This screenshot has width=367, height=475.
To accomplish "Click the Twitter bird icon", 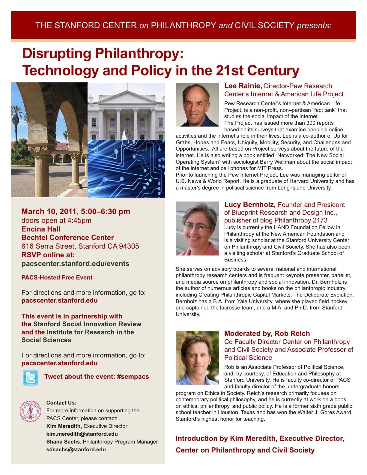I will click(30, 377).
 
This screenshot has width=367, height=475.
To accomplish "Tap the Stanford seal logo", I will click(30, 411).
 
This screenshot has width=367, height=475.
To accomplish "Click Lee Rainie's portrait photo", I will click(197, 105).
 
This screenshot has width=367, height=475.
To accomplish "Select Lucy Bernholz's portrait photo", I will click(197, 229).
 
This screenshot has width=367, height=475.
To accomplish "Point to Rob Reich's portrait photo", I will click(197, 357).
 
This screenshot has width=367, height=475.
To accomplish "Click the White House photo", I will click(126, 111).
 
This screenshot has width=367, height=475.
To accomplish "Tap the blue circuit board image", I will click(126, 168).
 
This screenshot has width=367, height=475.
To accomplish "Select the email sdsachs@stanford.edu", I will click(76, 450).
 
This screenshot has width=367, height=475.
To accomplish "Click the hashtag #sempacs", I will click(133, 377).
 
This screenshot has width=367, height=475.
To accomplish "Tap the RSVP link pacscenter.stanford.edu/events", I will click(75, 264).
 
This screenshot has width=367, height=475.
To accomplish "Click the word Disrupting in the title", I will click(57, 54).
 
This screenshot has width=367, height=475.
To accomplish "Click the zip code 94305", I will click(129, 246).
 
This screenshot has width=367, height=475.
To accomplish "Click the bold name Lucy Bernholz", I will click(249, 205).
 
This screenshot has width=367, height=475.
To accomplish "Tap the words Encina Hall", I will click(41, 229).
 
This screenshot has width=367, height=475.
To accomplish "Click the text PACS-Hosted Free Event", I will click(57, 278).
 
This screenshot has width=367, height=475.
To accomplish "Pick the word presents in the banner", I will click(313, 25).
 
